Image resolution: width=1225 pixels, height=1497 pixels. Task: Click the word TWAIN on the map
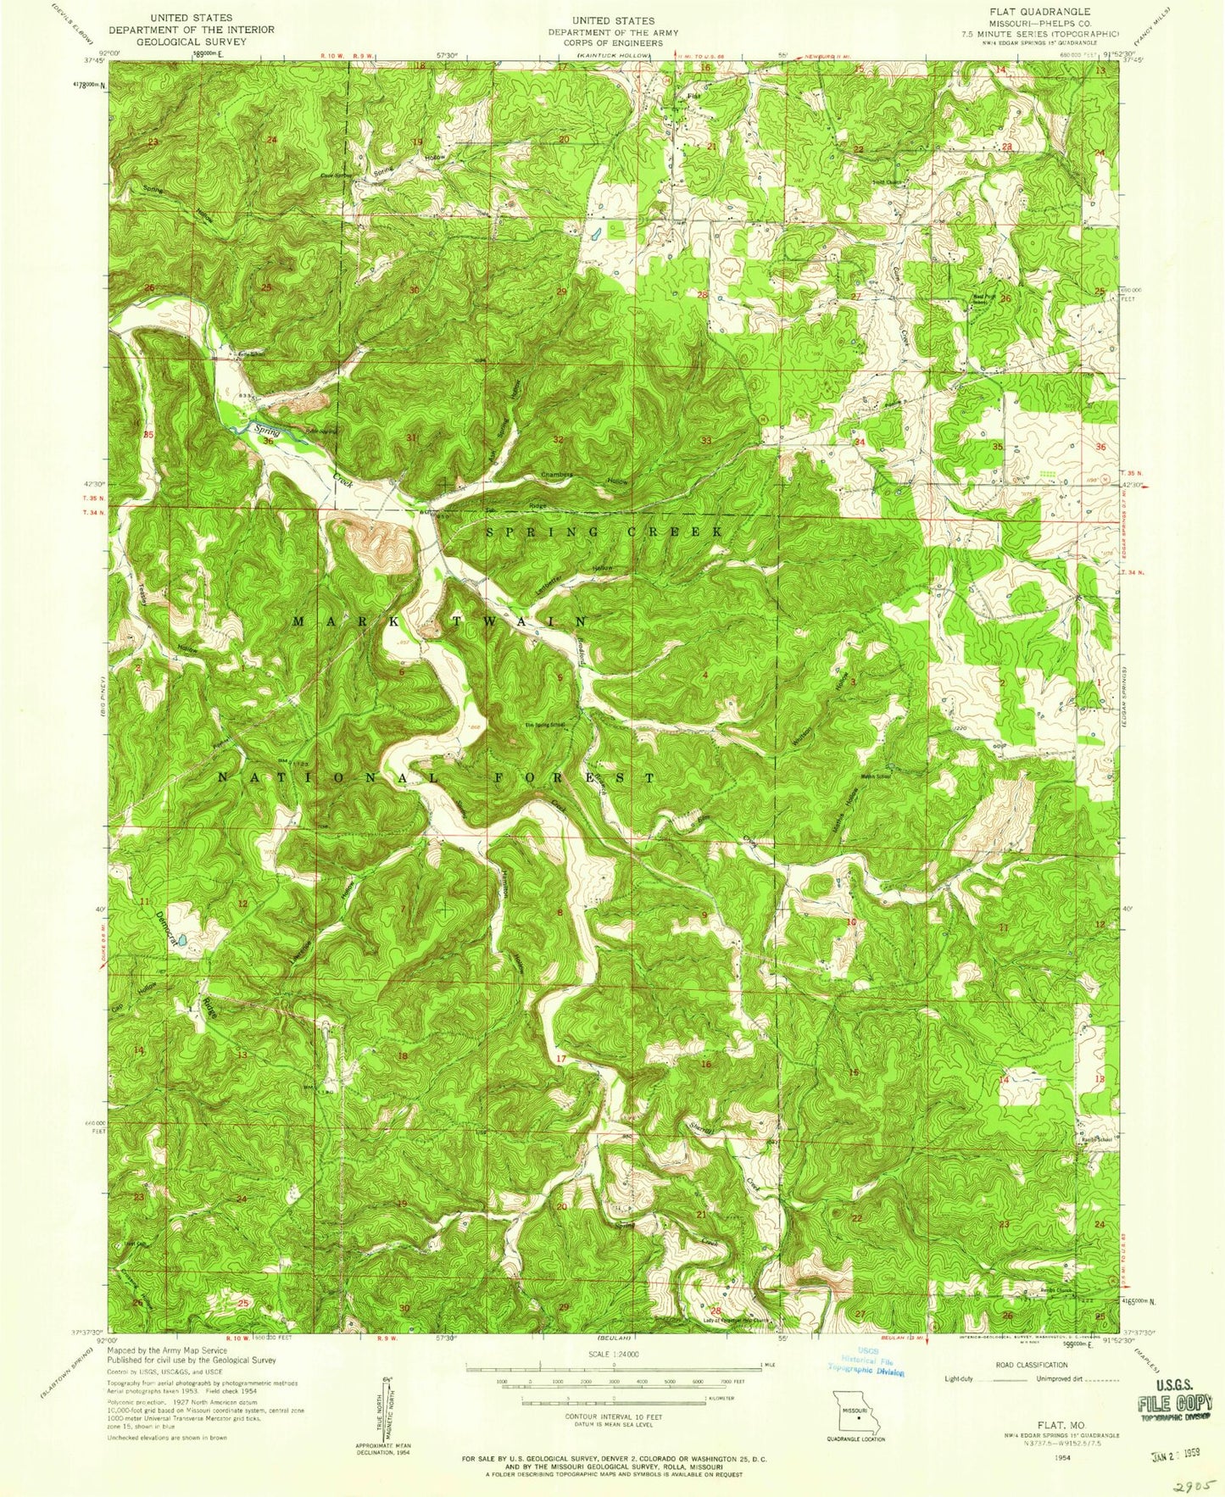524,621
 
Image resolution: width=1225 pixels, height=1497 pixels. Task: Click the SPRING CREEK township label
604,531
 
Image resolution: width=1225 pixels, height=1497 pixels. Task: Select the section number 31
413,438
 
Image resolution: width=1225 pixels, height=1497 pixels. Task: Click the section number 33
706,440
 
